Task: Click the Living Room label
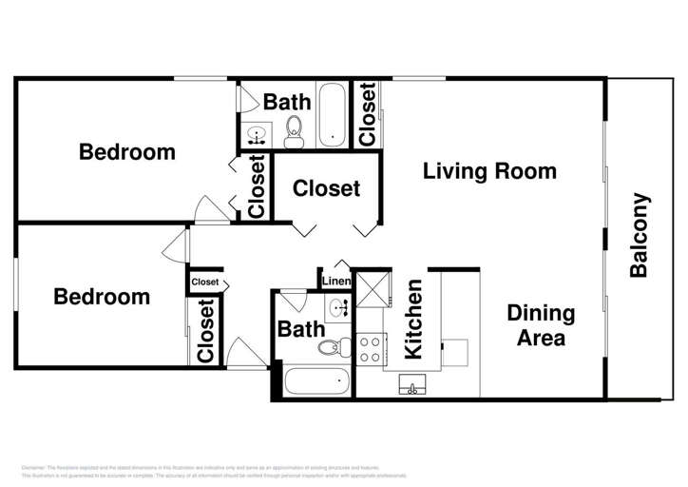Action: pyautogui.click(x=489, y=171)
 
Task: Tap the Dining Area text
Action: pyautogui.click(x=540, y=325)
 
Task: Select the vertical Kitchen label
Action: pyautogui.click(x=413, y=320)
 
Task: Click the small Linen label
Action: pyautogui.click(x=335, y=282)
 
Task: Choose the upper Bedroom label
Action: pyautogui.click(x=126, y=151)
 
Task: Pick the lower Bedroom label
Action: pyautogui.click(x=101, y=297)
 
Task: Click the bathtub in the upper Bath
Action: pyautogui.click(x=333, y=116)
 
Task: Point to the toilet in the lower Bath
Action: pyautogui.click(x=329, y=348)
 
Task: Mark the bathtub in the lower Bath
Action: pyautogui.click(x=315, y=382)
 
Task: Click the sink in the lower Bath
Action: pyautogui.click(x=338, y=307)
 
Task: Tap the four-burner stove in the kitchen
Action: pyautogui.click(x=370, y=349)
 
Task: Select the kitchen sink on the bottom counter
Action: pyautogui.click(x=412, y=384)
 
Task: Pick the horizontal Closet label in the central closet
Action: pyautogui.click(x=326, y=188)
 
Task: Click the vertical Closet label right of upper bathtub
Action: pyautogui.click(x=368, y=114)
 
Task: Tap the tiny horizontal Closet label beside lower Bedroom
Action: pyautogui.click(x=205, y=282)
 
